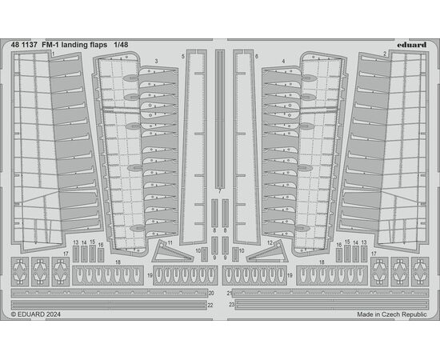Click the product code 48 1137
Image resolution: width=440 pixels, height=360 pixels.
pyautogui.click(x=24, y=45)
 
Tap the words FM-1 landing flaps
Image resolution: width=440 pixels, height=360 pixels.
pyautogui.click(x=74, y=45)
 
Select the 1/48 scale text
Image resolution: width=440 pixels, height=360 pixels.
pyautogui.click(x=121, y=45)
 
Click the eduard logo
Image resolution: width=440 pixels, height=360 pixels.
pyautogui.click(x=412, y=45)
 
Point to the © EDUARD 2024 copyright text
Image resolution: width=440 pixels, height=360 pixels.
pyautogui.click(x=36, y=314)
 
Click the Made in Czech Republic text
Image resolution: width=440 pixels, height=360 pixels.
pyautogui.click(x=392, y=314)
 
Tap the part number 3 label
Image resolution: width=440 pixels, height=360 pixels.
pyautogui.click(x=156, y=61)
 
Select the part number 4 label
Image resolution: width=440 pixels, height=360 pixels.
pyautogui.click(x=284, y=61)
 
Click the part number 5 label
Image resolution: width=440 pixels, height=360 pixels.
pyautogui.click(x=183, y=57)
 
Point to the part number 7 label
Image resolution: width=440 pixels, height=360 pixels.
pyautogui.click(x=220, y=192)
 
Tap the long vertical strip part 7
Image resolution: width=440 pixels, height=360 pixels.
pyautogui.click(x=220, y=119)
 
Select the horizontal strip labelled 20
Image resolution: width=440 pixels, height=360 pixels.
pyautogui.click(x=110, y=294)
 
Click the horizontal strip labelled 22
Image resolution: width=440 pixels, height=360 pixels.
pyautogui.click(x=109, y=305)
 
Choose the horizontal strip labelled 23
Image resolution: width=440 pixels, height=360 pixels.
pyautogui.click(x=332, y=305)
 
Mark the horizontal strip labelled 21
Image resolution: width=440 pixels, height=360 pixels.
pyautogui.click(x=330, y=294)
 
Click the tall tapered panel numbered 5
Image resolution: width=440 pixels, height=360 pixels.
pyautogui.click(x=194, y=146)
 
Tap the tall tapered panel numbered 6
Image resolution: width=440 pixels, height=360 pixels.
pyautogui.click(x=246, y=146)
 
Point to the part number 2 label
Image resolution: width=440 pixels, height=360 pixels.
pyautogui.click(x=385, y=54)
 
